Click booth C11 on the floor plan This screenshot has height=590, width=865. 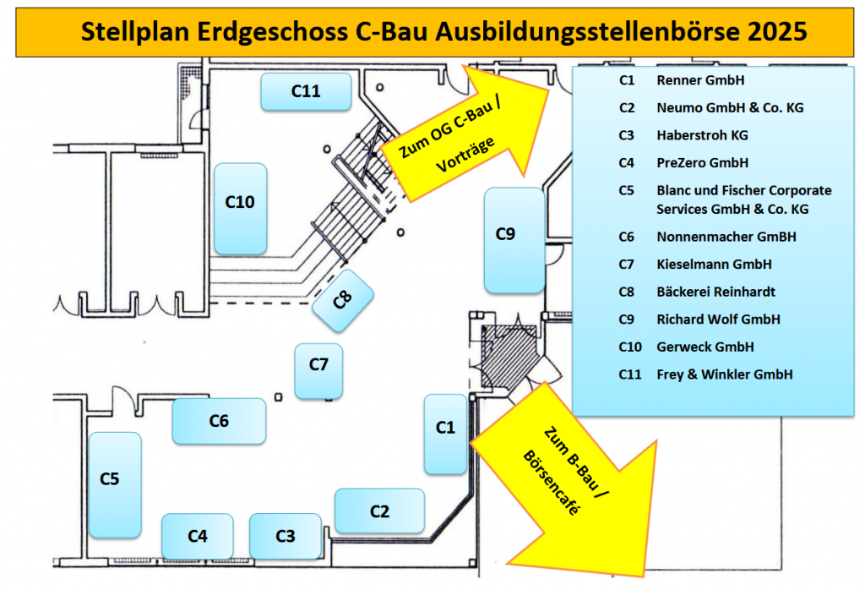(x=306, y=91)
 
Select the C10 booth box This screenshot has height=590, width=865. (x=241, y=208)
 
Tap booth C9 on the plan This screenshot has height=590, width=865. (x=514, y=240)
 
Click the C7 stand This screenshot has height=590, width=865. (x=318, y=370)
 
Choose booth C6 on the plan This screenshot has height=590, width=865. (x=219, y=421)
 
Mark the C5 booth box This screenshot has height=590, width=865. (x=115, y=484)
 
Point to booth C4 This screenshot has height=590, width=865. (x=198, y=536)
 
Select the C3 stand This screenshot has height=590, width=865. (x=286, y=536)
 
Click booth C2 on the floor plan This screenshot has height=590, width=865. (x=379, y=511)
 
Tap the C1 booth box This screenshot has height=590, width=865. (x=445, y=433)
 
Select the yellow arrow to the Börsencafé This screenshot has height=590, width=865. (x=575, y=478)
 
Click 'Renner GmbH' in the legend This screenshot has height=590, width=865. (x=699, y=81)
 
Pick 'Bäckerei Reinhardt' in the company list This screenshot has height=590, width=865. (x=715, y=292)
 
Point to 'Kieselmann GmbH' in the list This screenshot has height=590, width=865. (x=714, y=264)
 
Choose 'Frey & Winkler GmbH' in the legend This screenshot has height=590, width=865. (x=724, y=374)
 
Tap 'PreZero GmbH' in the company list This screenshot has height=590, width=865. (x=702, y=162)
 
